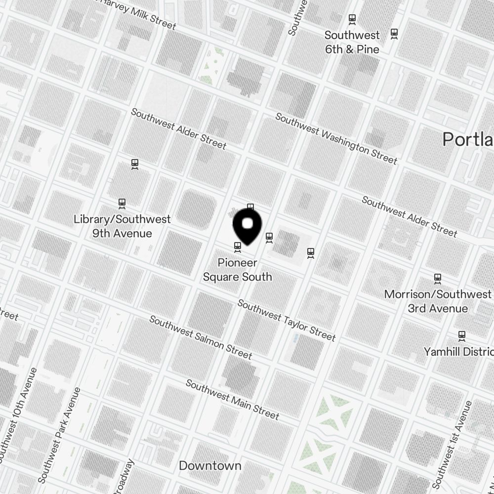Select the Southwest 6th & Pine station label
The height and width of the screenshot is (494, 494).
tap(352, 42)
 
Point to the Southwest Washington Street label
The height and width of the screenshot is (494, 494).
tap(336, 139)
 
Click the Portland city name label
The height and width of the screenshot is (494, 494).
tap(467, 139)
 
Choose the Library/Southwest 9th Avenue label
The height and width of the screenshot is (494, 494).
tap(122, 226)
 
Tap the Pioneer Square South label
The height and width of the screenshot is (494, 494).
tap(238, 270)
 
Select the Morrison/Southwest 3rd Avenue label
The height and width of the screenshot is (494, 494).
tap(438, 301)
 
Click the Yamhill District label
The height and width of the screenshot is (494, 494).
tap(458, 352)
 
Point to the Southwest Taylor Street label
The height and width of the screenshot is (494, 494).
tap(287, 321)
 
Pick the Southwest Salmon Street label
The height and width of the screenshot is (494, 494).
tap(201, 338)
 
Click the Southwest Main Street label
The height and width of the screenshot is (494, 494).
tap(233, 400)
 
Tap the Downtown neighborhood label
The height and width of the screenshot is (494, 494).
tap(210, 466)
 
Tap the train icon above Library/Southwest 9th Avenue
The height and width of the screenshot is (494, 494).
tap(122, 203)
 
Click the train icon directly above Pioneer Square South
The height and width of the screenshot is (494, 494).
tap(238, 246)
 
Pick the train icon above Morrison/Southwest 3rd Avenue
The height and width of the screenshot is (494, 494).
tap(437, 279)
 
